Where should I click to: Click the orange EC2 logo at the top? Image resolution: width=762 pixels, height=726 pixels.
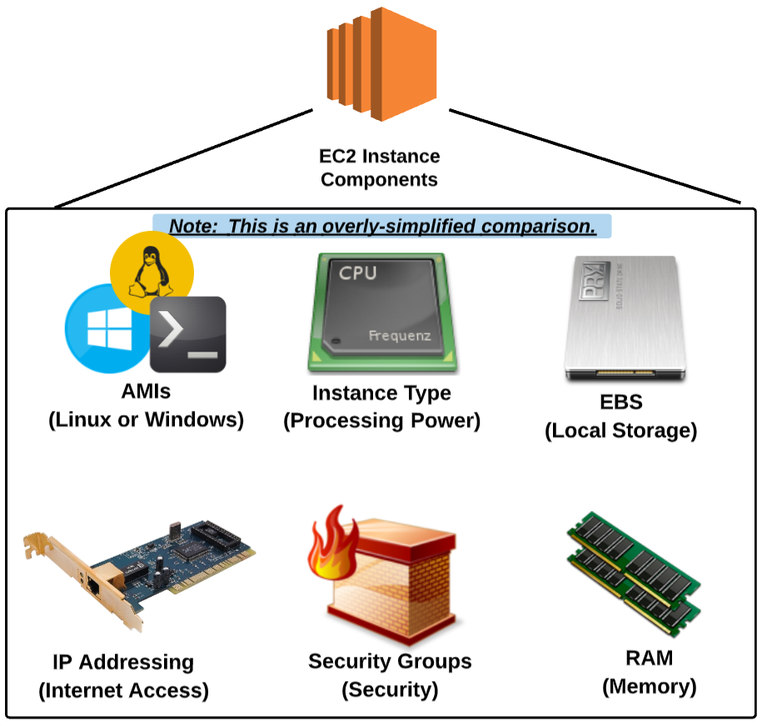point(381,63)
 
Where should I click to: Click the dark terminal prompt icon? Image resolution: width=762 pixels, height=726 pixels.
point(188,334)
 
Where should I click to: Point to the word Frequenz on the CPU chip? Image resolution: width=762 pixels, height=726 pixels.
point(400,337)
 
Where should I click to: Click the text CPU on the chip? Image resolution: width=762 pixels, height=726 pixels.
point(357,273)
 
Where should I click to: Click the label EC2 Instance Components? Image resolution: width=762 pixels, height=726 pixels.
point(380,168)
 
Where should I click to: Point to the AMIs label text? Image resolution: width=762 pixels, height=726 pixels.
point(146,392)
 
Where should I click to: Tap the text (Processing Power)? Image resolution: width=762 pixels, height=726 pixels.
point(382,421)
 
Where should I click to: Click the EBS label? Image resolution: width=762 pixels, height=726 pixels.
point(620,403)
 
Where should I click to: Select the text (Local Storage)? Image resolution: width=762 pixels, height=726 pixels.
point(620,431)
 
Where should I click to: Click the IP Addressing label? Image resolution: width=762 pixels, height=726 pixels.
point(123,663)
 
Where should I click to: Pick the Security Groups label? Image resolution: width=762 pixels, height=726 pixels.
point(390,662)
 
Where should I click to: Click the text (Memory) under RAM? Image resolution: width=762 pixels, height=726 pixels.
point(649,687)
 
